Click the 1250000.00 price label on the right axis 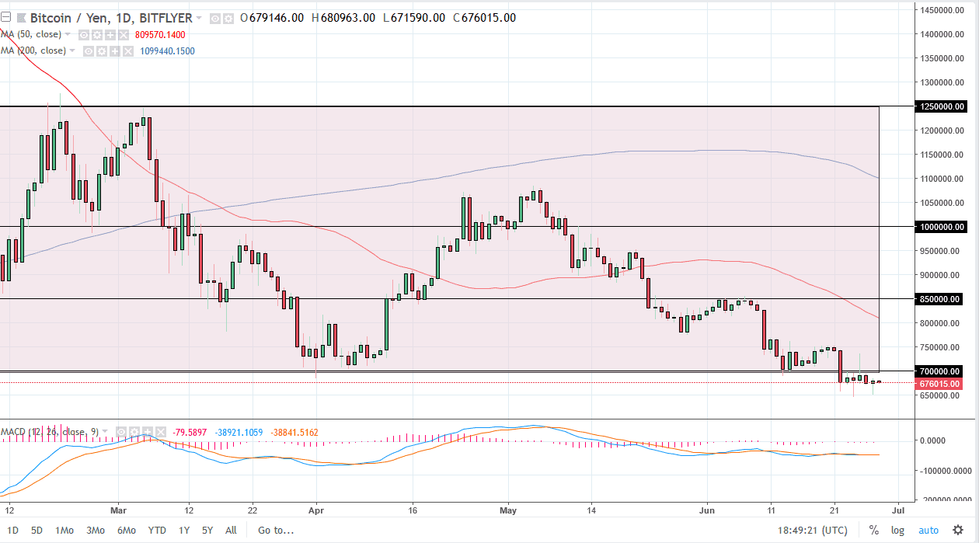(x=941, y=106)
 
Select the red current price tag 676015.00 (x=941, y=383)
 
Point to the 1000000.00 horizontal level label (x=941, y=227)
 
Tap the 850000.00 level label (x=941, y=299)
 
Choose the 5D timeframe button (x=37, y=531)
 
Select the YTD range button (x=157, y=531)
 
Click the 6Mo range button (x=127, y=531)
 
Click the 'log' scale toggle (x=897, y=531)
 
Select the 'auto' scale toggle (x=928, y=531)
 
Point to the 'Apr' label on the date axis (x=316, y=510)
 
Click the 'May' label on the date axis (x=508, y=510)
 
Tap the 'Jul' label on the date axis (x=897, y=510)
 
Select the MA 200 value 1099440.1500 (x=168, y=51)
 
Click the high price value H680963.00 (x=342, y=18)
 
